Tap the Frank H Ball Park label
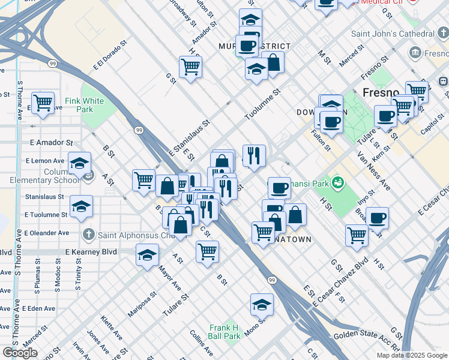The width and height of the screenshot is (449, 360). click(224, 332)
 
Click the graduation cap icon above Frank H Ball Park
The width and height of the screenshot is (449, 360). click(262, 306)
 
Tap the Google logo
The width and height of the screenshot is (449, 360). click(20, 353)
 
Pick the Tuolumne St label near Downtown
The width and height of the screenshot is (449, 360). click(263, 104)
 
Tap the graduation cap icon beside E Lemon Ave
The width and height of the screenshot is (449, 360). click(79, 164)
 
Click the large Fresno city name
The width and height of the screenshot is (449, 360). click(381, 93)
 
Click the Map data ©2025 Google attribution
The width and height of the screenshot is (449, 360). click(412, 355)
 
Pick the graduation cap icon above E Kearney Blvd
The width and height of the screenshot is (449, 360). click(147, 256)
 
